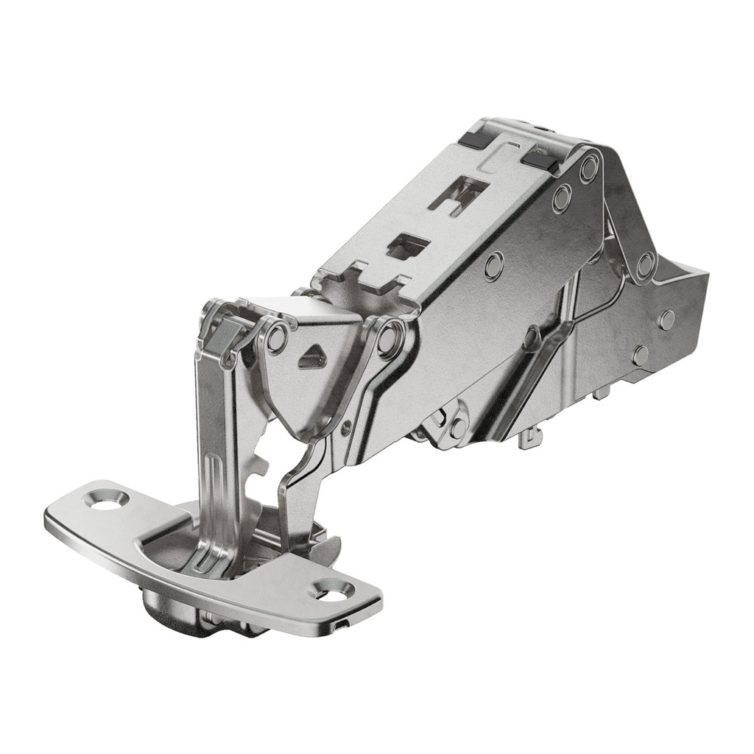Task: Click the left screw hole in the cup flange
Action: tap(105, 499)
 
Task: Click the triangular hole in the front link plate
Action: tap(312, 358)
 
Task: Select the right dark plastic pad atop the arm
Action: tap(540, 158)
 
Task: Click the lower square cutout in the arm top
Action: tap(407, 247)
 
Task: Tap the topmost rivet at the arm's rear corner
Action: tap(589, 169)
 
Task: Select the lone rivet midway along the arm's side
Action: tap(494, 266)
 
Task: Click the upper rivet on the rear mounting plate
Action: tap(666, 320)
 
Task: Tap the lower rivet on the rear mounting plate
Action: tap(641, 356)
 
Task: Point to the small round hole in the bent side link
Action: tap(346, 426)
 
